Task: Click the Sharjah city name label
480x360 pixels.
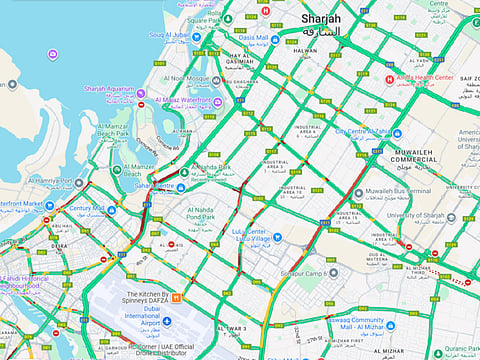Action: tap(320, 19)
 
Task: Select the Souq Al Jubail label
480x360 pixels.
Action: tap(170, 36)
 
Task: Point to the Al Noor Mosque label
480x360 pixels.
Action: tap(183, 78)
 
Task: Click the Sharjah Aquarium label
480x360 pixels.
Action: tap(108, 89)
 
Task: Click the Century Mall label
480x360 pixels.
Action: tap(86, 209)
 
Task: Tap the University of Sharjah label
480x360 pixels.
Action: tap(412, 216)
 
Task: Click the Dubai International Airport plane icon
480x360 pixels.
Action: tap(168, 321)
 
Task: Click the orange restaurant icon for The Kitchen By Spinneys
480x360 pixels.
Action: tap(176, 296)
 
